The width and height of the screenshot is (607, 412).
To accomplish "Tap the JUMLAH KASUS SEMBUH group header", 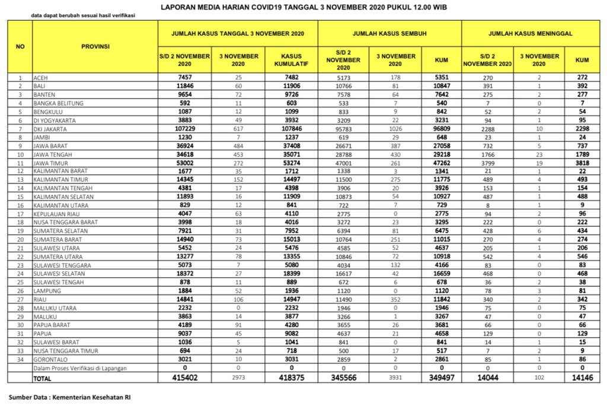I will [389, 34].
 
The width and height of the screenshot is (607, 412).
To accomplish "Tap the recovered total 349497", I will [441, 377].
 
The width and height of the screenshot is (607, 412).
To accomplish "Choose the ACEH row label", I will [41, 77].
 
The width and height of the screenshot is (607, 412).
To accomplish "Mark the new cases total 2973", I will [239, 377].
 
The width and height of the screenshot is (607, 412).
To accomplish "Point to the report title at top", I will [303, 7].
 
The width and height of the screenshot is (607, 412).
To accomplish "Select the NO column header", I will [20, 46].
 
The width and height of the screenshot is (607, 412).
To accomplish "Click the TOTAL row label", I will [42, 377].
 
